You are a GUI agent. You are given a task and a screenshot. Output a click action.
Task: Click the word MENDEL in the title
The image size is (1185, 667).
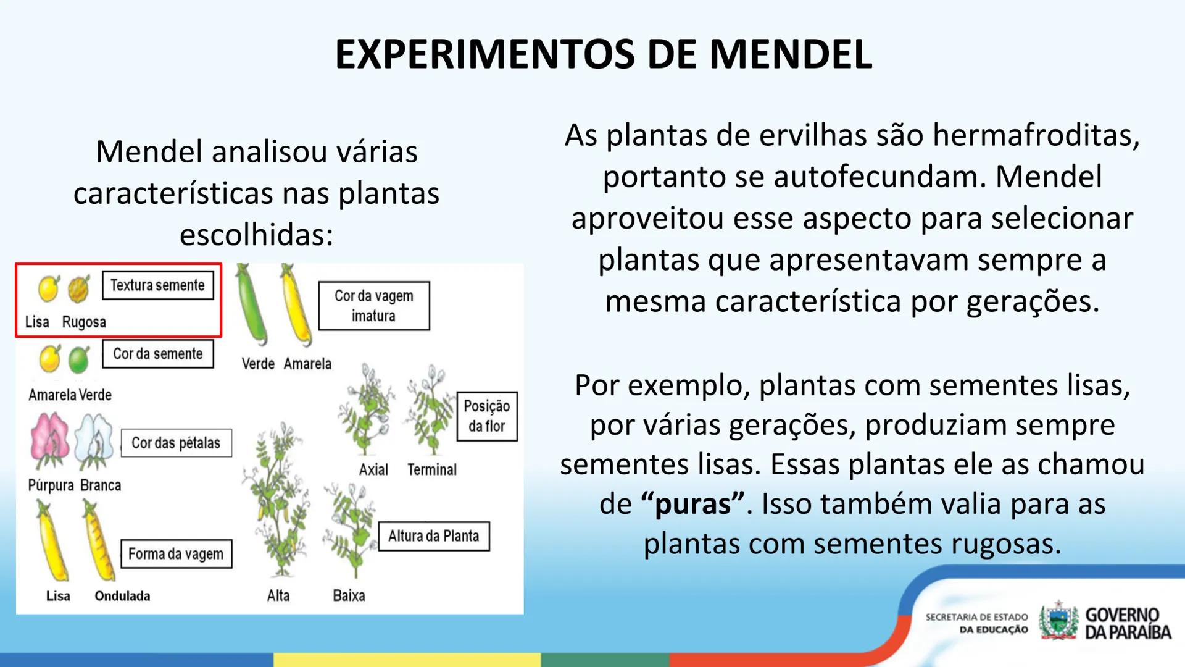pos(790,54)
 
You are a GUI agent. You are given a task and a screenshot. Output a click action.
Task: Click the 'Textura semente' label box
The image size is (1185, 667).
pos(157,285)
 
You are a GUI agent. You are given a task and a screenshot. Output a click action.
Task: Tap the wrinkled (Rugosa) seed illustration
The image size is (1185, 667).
pos(79,288)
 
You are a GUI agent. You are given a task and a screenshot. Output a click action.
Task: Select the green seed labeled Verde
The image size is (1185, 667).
pos(79,359)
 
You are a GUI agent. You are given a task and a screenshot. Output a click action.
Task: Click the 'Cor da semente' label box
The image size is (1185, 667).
pos(157,354)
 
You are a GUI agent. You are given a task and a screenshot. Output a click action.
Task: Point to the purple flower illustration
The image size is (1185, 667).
pos(49,440)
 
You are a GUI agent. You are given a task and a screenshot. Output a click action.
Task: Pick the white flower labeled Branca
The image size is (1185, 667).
pos(94,440)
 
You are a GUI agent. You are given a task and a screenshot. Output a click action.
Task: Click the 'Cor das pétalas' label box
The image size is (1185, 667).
pos(176,443)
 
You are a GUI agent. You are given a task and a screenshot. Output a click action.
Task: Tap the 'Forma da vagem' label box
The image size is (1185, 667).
pos(176,554)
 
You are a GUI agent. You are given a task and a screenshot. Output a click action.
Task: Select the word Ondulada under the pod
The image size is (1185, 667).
pos(122,596)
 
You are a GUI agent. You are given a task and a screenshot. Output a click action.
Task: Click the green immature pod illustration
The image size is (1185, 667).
pos(251,304)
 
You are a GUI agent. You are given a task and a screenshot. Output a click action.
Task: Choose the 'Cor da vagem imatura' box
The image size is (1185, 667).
pos(373,306)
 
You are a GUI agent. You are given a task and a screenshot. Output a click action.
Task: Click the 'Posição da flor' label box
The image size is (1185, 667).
pos(486,416)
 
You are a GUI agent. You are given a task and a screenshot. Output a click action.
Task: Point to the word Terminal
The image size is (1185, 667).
pos(432,470)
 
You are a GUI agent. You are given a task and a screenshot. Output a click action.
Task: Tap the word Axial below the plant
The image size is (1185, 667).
pos(373,470)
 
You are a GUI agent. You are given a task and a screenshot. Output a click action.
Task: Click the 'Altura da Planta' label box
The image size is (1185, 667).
pos(433,536)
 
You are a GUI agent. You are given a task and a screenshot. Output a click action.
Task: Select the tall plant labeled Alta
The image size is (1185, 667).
pos(278,500)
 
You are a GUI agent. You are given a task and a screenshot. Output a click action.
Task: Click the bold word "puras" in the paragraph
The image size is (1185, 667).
pos(692,504)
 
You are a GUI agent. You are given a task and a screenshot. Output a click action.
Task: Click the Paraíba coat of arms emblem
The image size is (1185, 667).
pos(1058,621)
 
